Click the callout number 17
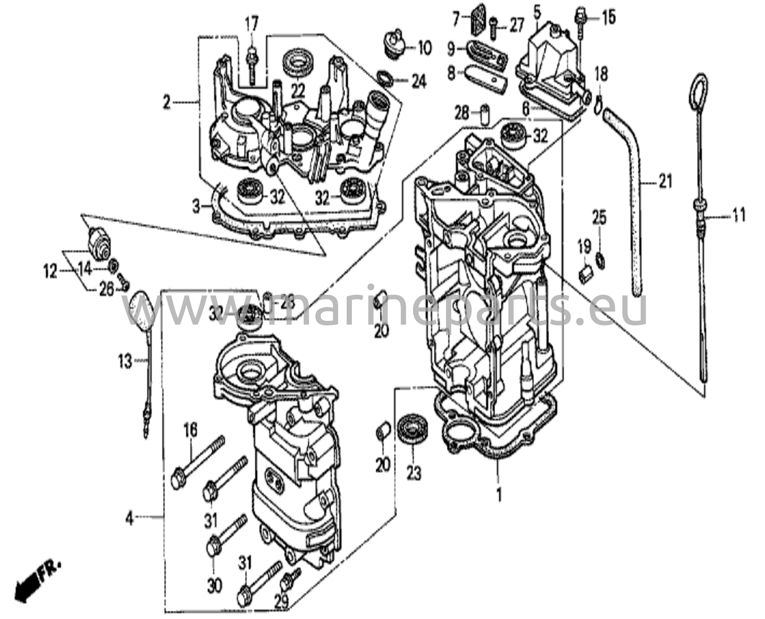click(251, 25)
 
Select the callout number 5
click(537, 13)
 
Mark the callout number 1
click(499, 496)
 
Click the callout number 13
click(125, 361)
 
